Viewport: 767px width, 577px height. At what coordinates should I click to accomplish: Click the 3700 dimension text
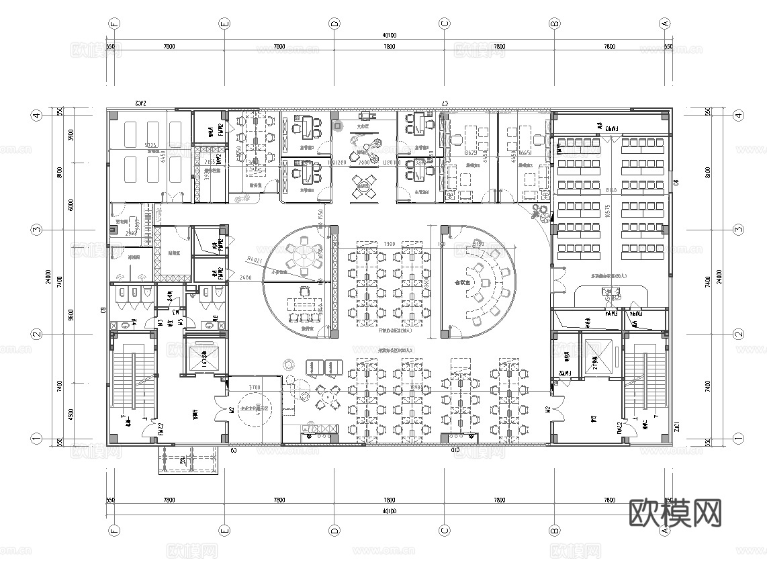click(255, 388)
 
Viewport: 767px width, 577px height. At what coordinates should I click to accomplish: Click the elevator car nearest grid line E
click(201, 356)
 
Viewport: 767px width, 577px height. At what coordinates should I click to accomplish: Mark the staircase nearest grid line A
click(645, 383)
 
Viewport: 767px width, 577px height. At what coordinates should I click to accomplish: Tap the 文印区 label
click(363, 126)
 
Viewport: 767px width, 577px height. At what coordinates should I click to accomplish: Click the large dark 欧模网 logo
click(676, 513)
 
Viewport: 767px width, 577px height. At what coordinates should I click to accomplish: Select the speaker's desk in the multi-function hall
click(612, 291)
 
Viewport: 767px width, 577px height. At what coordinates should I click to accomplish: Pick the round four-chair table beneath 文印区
click(364, 185)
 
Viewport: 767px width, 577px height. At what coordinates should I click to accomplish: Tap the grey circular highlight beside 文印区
click(338, 125)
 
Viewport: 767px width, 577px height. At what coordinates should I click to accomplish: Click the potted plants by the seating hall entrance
click(539, 214)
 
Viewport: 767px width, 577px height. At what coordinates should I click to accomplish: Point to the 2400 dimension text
click(246, 277)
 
